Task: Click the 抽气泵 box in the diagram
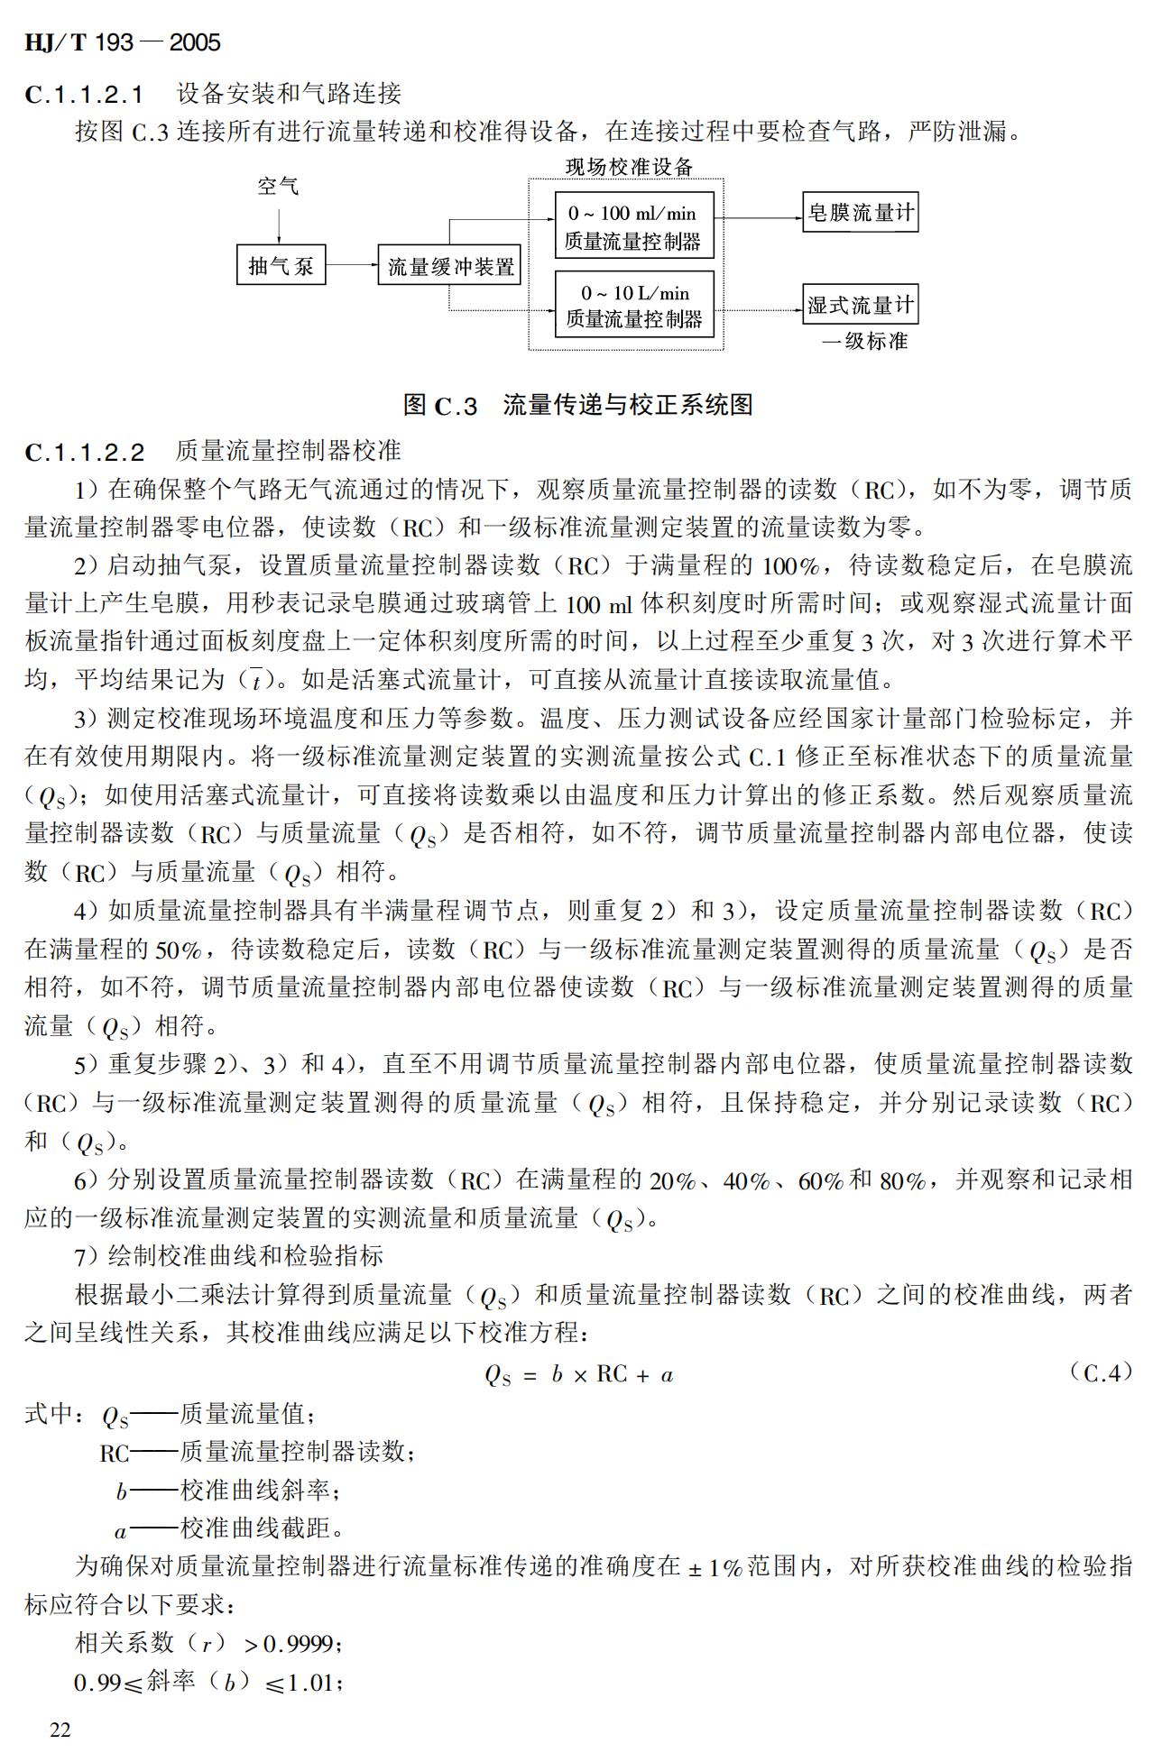pyautogui.click(x=281, y=265)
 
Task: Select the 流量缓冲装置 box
pyautogui.click(x=449, y=265)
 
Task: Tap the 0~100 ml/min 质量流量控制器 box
pyautogui.click(x=633, y=226)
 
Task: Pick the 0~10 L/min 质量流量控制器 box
pyautogui.click(x=633, y=305)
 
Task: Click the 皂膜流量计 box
pyautogui.click(x=860, y=214)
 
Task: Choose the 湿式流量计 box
pyautogui.click(x=860, y=305)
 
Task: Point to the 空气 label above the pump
pyautogui.click(x=278, y=187)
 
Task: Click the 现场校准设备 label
pyautogui.click(x=629, y=166)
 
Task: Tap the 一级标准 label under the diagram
pyautogui.click(x=864, y=342)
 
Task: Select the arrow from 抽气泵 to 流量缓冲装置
pyautogui.click(x=351, y=265)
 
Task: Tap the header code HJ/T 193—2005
pyautogui.click(x=123, y=42)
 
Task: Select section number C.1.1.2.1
pyautogui.click(x=84, y=94)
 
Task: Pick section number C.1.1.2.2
pyautogui.click(x=84, y=451)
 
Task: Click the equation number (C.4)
pyautogui.click(x=1100, y=1373)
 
